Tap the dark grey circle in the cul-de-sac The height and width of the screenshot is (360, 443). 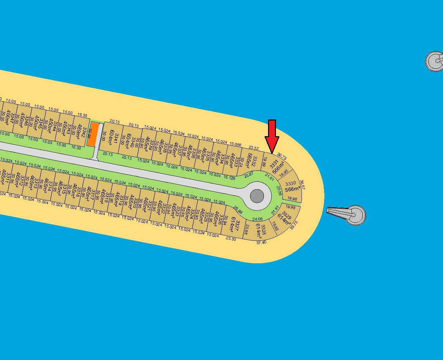(x=257, y=196)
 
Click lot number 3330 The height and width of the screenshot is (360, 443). (x=290, y=183)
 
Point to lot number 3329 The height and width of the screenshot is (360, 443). (x=287, y=215)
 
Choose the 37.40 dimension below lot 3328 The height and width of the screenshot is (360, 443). (x=261, y=243)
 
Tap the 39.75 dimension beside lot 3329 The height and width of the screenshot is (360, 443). (x=294, y=225)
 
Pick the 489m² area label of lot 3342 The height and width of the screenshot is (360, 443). (x=79, y=132)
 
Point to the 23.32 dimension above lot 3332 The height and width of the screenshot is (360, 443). (x=253, y=148)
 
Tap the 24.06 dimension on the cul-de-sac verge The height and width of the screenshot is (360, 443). (x=258, y=219)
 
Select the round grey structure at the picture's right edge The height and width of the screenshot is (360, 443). (x=434, y=61)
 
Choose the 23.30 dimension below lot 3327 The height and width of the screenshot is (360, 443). (x=231, y=239)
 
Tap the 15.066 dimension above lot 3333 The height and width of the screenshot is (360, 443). (x=236, y=144)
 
